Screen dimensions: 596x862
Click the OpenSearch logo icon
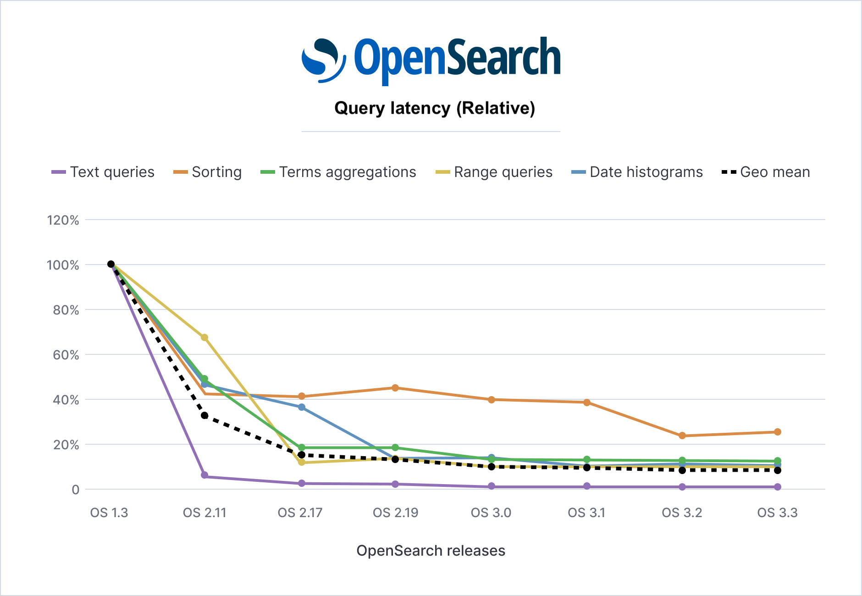coord(323,61)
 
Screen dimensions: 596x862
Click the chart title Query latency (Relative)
coord(434,108)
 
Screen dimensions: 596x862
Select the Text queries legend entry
coord(103,172)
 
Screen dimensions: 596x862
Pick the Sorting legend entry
coord(208,172)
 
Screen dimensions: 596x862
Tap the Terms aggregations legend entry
coord(338,172)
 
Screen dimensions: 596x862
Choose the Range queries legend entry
coord(494,172)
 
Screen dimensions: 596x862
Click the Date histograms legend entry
coord(637,172)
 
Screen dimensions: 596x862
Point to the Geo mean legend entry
coord(766,172)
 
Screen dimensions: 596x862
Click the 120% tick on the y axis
coord(63,220)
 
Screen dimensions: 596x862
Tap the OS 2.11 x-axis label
coord(204,513)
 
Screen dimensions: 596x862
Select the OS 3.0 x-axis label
coord(491,513)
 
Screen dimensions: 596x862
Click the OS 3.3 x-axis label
coord(777,513)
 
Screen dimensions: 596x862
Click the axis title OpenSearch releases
coord(431,551)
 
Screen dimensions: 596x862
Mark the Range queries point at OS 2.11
coord(204,337)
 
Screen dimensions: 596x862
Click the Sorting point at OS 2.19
coord(395,388)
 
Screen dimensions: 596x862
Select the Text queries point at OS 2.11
coord(204,475)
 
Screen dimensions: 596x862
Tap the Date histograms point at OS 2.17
coord(302,407)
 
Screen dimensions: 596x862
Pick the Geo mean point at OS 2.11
coord(204,415)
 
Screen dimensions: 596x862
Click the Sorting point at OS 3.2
coord(682,436)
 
